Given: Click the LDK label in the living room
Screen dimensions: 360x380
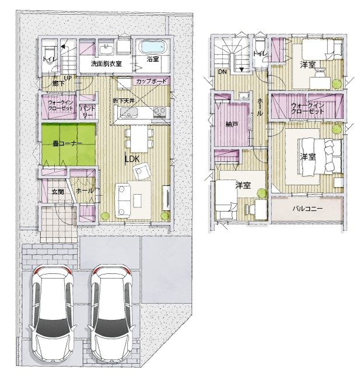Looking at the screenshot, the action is [x=132, y=159].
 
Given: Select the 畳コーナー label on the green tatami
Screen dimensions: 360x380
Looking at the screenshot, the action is [x=68, y=143].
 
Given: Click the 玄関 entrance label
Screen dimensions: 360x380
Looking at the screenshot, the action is [x=58, y=192].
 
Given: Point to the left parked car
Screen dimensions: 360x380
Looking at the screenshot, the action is [x=53, y=315].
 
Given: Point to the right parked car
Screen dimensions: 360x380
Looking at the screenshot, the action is [x=111, y=315].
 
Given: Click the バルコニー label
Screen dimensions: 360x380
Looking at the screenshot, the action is [x=307, y=209].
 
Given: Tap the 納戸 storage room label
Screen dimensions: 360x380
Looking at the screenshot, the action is [x=232, y=125].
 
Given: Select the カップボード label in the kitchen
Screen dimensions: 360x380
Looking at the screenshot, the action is [x=151, y=81].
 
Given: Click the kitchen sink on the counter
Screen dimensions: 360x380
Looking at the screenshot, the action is [x=129, y=113].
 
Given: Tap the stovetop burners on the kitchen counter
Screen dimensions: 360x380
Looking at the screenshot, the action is [x=160, y=112].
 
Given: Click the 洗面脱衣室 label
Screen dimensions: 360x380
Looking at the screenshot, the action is [x=106, y=64].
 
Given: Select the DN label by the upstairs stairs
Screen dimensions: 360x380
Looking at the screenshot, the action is [x=222, y=72].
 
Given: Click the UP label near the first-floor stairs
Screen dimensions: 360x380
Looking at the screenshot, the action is [x=68, y=78].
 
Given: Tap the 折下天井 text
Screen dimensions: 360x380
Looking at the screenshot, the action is [x=124, y=101].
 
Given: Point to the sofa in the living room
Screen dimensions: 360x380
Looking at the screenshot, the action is [x=123, y=200].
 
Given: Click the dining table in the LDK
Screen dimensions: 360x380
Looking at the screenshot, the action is [x=139, y=138].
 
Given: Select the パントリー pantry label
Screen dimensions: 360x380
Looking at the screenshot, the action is [x=88, y=111].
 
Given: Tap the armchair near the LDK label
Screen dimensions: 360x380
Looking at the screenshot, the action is [x=141, y=171].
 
